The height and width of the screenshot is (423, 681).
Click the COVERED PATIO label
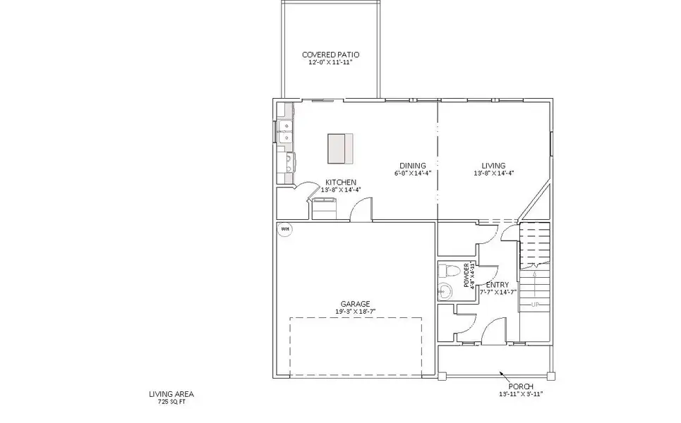pyautogui.click(x=330, y=54)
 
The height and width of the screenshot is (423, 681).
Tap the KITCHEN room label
pyautogui.click(x=340, y=182)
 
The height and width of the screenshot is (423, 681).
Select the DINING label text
pyautogui.click(x=412, y=166)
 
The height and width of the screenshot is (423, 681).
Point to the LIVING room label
pyautogui.click(x=493, y=166)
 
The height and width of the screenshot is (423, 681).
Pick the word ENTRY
pyautogui.click(x=498, y=285)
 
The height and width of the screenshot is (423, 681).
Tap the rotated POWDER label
pyautogui.click(x=466, y=270)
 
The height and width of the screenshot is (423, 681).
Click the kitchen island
pyautogui.click(x=339, y=147)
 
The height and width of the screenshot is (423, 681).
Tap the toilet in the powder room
pyautogui.click(x=445, y=271)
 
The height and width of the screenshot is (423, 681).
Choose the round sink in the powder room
pyautogui.click(x=444, y=289)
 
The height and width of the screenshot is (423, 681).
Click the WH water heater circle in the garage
pyautogui.click(x=285, y=228)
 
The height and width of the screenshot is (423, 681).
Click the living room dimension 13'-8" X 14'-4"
pyautogui.click(x=493, y=173)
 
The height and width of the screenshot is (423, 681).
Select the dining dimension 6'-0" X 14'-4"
pyautogui.click(x=412, y=173)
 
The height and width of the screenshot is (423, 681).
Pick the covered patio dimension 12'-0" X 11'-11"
pyautogui.click(x=330, y=62)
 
